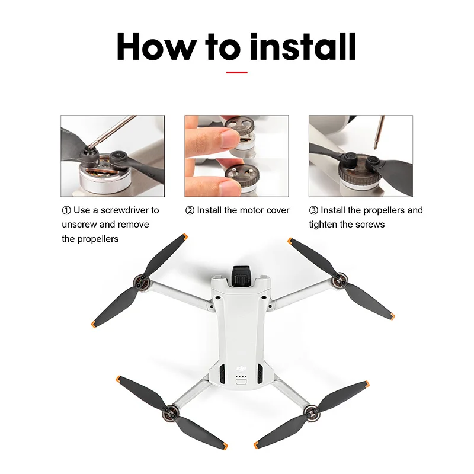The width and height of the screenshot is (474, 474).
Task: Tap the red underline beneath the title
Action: pos(237,72)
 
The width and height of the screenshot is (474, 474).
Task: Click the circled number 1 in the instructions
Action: pos(66,210)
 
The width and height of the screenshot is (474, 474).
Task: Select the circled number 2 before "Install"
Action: pos(190,210)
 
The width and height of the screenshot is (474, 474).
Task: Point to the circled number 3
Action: pos(313,210)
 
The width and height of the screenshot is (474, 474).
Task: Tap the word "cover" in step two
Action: pos(277,210)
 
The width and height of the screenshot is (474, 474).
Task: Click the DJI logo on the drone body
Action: pos(241,368)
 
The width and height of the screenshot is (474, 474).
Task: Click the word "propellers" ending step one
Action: pos(90,239)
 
